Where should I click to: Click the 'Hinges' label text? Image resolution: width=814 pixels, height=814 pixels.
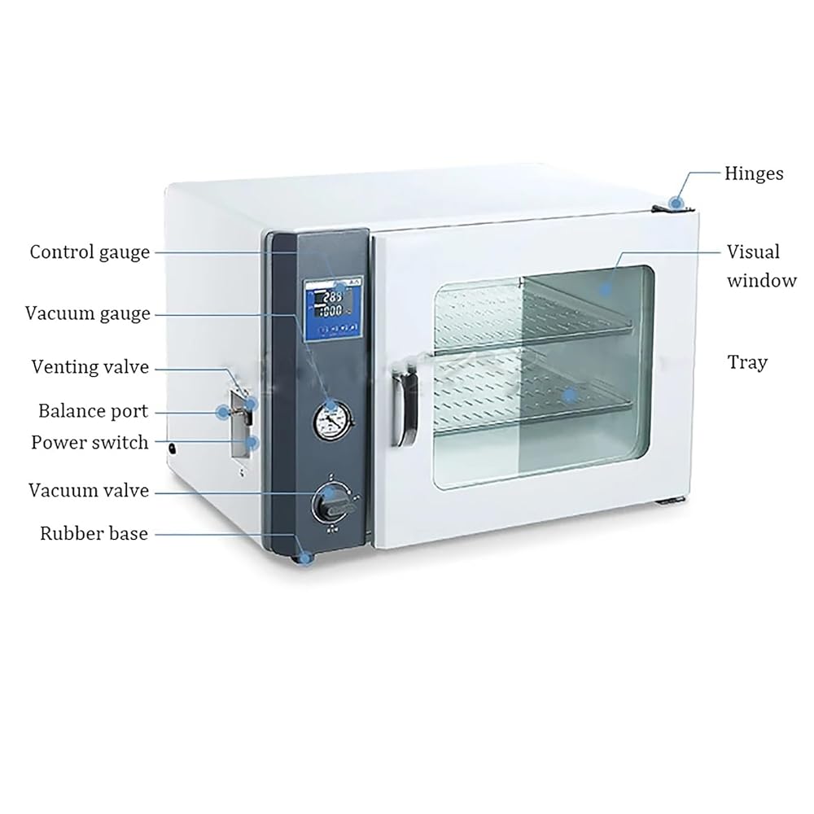754,173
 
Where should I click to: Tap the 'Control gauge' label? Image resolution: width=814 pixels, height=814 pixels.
90,252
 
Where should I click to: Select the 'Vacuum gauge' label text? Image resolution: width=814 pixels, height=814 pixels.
88,313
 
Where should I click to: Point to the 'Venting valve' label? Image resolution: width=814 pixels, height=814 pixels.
90,367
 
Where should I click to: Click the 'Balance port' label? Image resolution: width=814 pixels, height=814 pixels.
94,411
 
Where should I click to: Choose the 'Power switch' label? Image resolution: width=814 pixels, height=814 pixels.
90,443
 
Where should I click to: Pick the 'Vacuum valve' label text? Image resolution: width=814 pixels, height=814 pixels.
89,491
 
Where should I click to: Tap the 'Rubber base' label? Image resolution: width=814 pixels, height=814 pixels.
94,534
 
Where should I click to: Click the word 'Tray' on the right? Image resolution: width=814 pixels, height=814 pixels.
747,362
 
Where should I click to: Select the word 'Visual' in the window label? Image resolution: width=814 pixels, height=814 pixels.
753,252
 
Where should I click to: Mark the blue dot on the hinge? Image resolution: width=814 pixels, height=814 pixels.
676,201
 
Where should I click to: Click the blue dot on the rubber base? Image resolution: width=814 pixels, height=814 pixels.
306,558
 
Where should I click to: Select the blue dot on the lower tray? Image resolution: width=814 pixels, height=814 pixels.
571,395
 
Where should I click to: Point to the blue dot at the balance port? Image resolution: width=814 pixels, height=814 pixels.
221,412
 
